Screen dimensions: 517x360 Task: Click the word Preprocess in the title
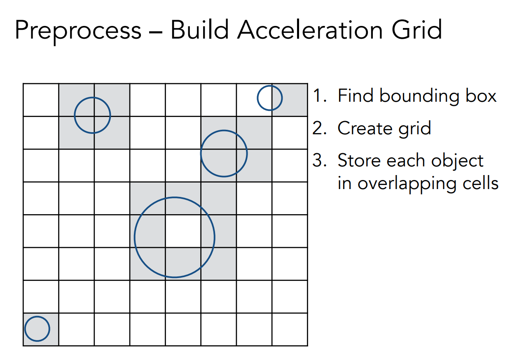tap(78, 30)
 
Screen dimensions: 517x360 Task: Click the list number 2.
tap(318, 128)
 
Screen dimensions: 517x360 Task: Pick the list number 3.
tap(318, 160)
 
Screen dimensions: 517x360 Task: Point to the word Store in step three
tap(356, 160)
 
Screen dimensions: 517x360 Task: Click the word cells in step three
tap(480, 183)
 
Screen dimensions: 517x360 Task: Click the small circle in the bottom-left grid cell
tap(37, 329)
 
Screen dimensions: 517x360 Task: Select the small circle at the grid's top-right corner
tap(269, 98)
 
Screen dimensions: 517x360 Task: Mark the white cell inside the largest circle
tap(183, 231)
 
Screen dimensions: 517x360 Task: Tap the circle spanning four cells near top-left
tap(93, 115)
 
